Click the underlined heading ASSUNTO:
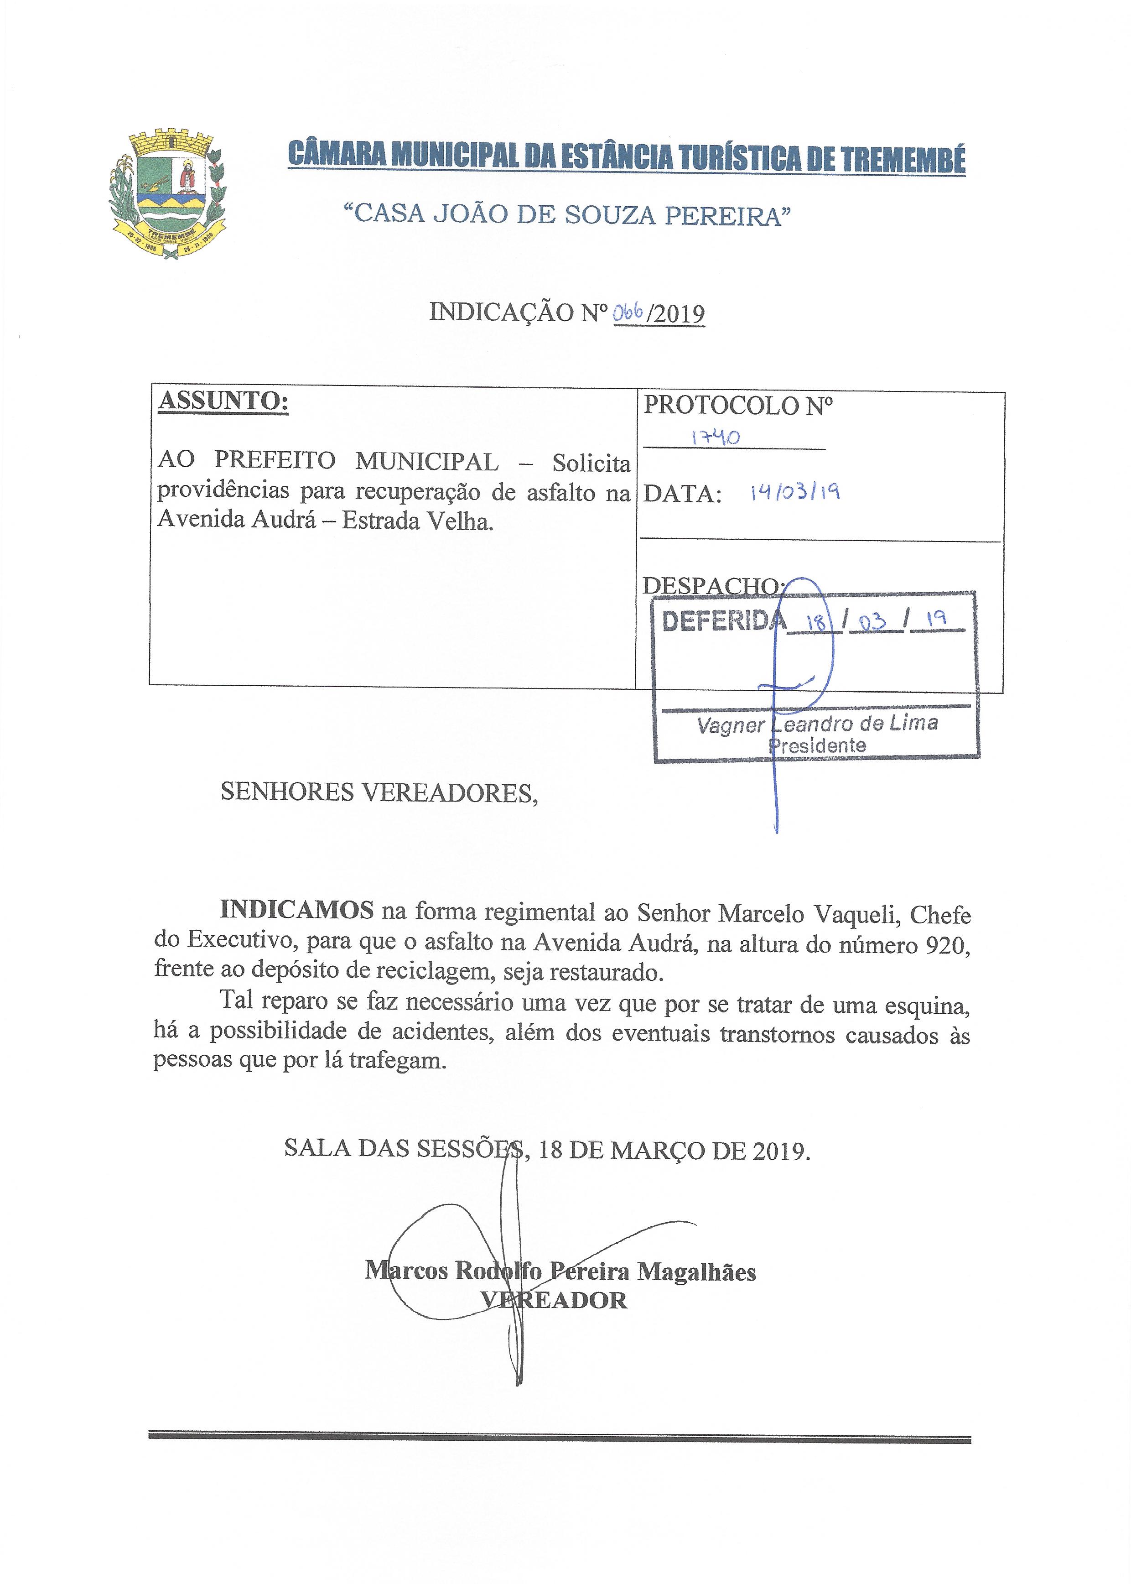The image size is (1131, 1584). click(x=223, y=402)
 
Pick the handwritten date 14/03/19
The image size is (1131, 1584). click(x=794, y=493)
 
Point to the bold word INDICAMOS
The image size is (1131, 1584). click(x=297, y=910)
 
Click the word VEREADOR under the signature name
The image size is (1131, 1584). click(x=554, y=1301)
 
